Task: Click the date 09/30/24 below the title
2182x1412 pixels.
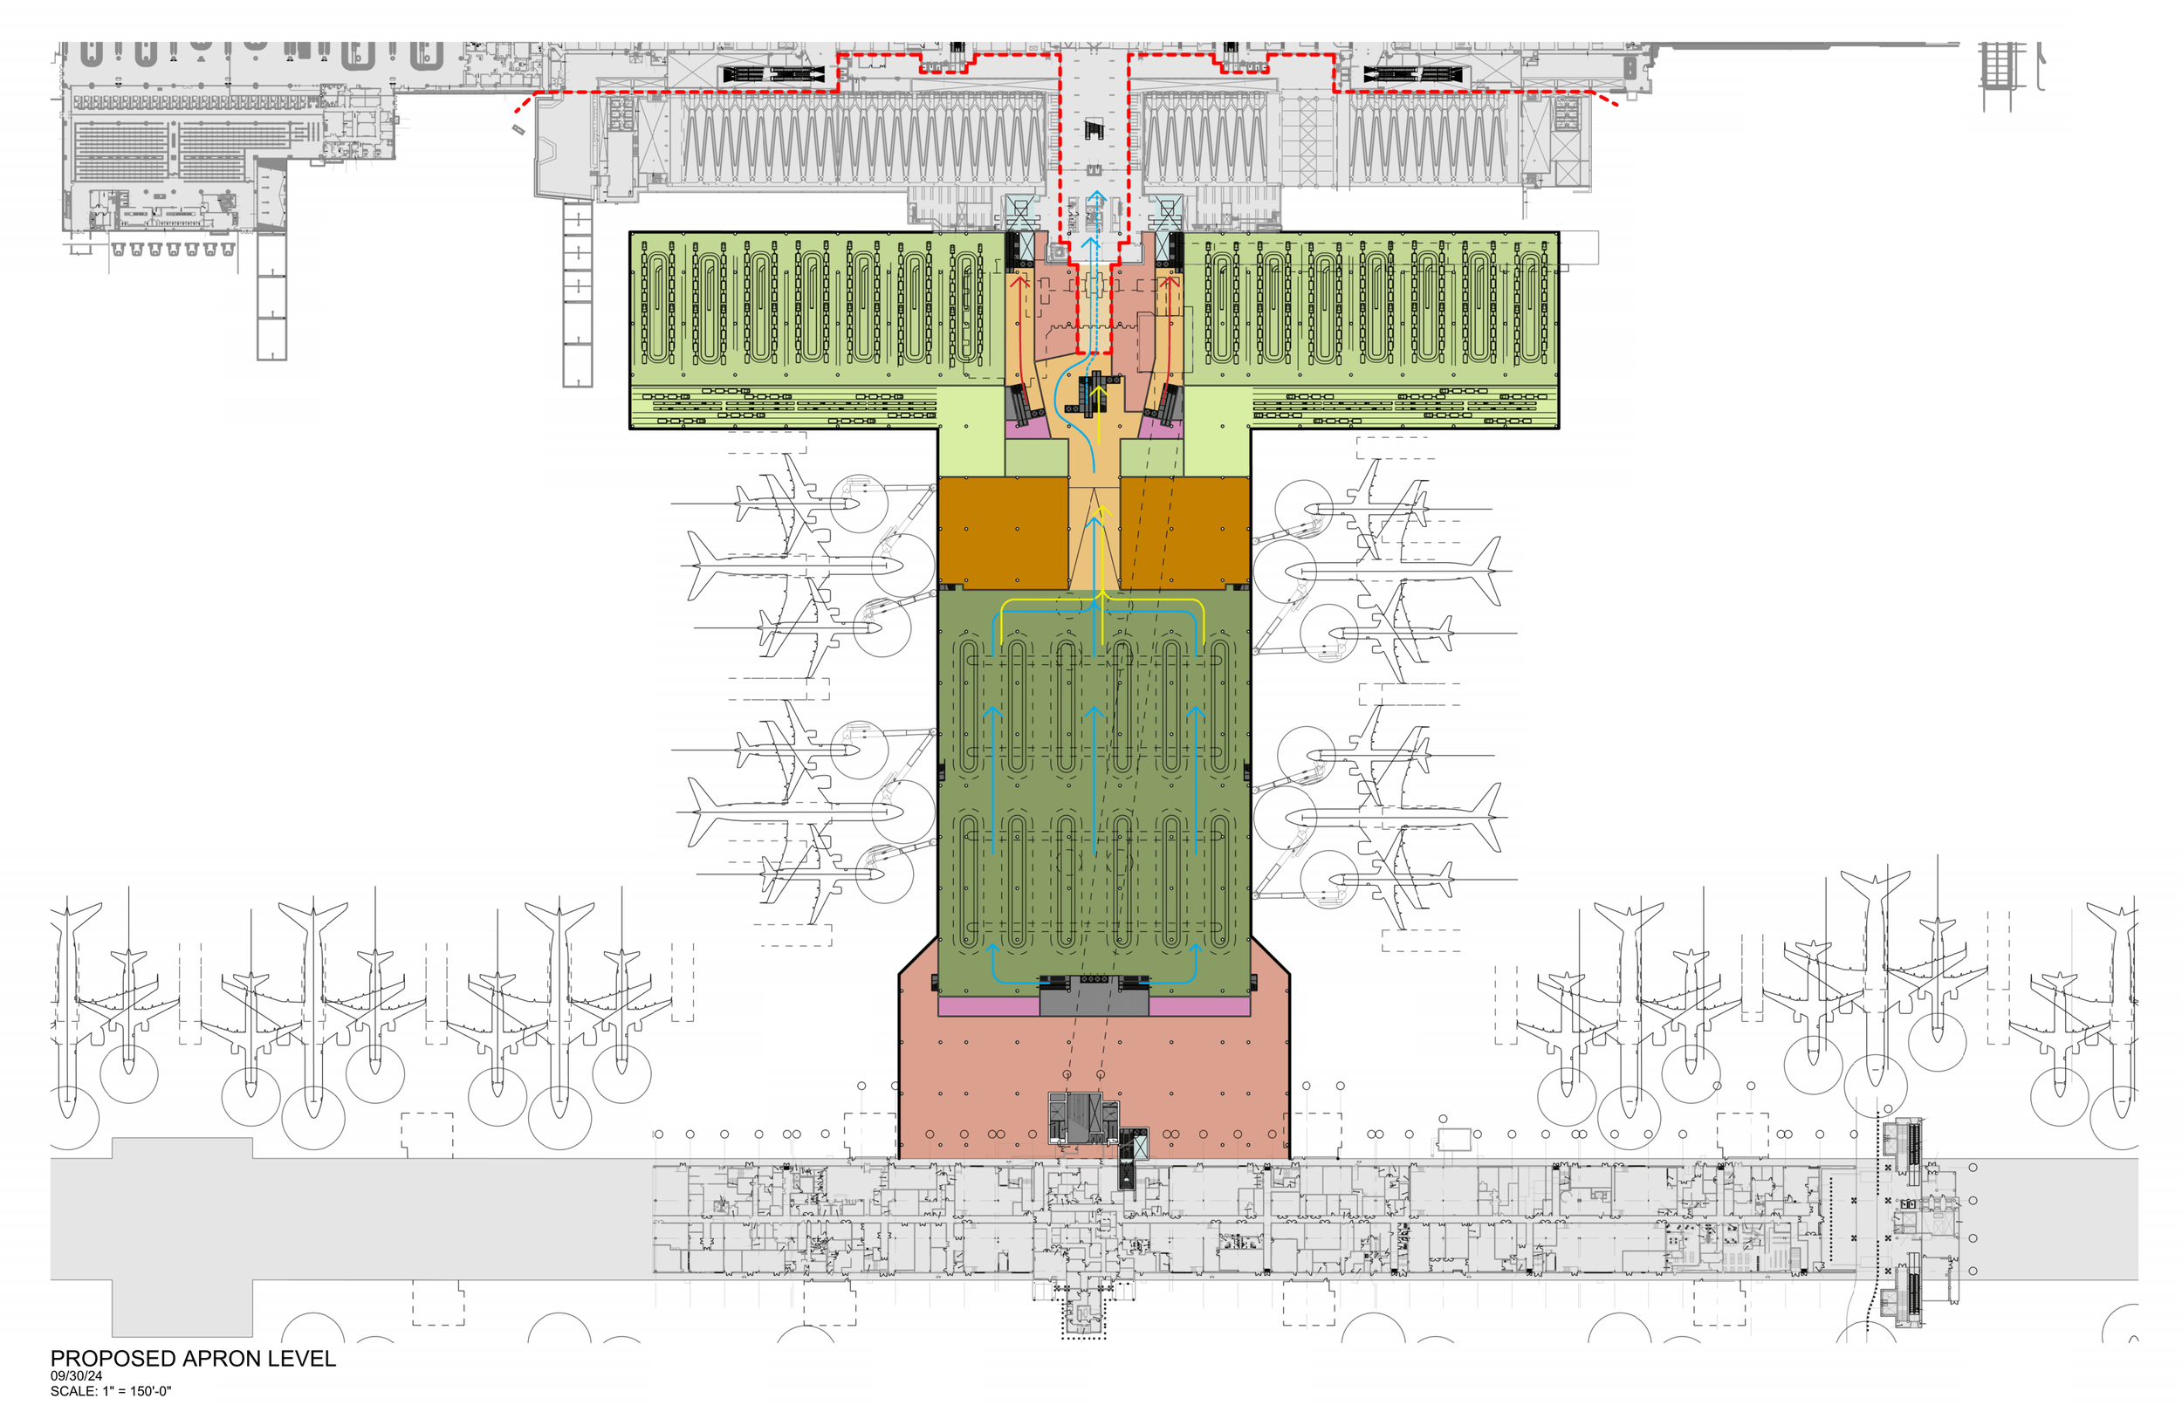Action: pos(76,1376)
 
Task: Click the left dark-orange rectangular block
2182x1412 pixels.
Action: pos(1003,531)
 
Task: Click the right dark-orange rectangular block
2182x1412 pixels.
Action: pos(1184,531)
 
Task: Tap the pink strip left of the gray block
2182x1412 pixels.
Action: pos(988,1007)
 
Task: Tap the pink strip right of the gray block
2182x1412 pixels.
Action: pos(1199,1007)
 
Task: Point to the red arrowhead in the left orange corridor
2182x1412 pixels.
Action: pos(1020,279)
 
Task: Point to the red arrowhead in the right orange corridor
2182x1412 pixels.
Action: pos(1169,279)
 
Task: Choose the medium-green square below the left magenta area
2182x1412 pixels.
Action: pos(1037,458)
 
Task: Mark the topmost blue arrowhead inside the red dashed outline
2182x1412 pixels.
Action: pos(1096,195)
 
